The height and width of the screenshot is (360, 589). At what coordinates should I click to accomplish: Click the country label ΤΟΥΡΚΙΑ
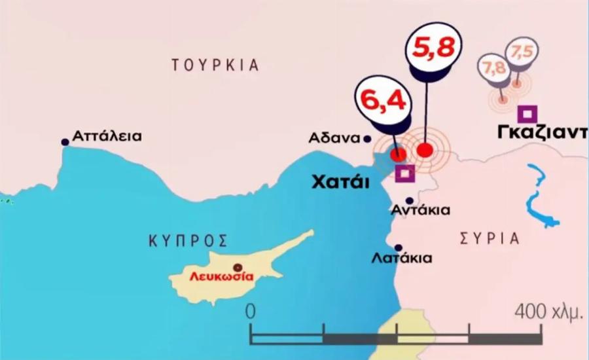pyautogui.click(x=215, y=65)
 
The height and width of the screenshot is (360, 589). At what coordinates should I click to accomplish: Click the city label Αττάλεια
pyautogui.click(x=107, y=137)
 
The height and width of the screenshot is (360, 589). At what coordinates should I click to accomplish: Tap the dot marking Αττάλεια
pyautogui.click(x=64, y=142)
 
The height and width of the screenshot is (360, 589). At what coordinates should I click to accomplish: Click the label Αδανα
pyautogui.click(x=336, y=138)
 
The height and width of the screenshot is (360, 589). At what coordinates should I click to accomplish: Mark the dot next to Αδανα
pyautogui.click(x=367, y=138)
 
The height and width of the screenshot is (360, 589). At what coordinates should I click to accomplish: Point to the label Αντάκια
pyautogui.click(x=419, y=211)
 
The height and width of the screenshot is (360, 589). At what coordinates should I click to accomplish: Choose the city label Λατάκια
pyautogui.click(x=402, y=258)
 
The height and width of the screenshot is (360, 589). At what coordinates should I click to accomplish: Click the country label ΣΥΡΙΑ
pyautogui.click(x=490, y=238)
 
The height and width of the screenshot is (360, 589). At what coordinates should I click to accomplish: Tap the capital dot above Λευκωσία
pyautogui.click(x=238, y=266)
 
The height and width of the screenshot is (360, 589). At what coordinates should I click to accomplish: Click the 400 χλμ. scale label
pyautogui.click(x=548, y=312)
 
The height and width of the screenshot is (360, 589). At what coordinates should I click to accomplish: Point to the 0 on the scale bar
pyautogui.click(x=251, y=311)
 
